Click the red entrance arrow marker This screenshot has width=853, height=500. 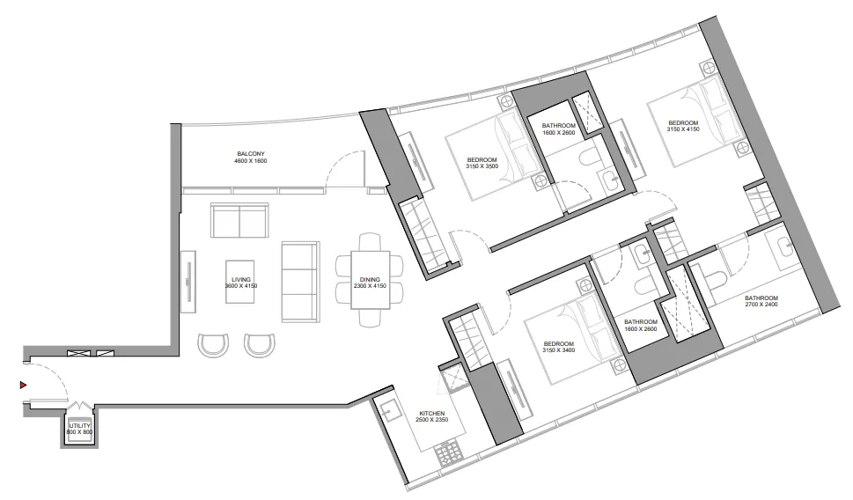tap(24, 385)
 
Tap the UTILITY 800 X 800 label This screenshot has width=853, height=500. tap(79, 430)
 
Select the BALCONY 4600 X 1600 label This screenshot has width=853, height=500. tap(250, 158)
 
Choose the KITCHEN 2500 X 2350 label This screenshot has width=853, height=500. tap(431, 416)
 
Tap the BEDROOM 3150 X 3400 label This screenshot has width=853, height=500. tap(558, 347)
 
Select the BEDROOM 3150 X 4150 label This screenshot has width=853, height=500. tap(683, 126)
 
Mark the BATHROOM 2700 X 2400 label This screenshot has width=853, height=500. tap(761, 301)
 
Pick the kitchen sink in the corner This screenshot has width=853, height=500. tap(388, 408)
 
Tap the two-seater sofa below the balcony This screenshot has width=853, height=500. tap(239, 220)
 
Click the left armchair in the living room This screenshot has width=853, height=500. tap(214, 344)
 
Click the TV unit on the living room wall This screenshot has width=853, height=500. tap(188, 280)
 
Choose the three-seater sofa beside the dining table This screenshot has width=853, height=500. tap(299, 282)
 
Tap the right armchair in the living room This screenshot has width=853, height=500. tap(259, 344)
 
